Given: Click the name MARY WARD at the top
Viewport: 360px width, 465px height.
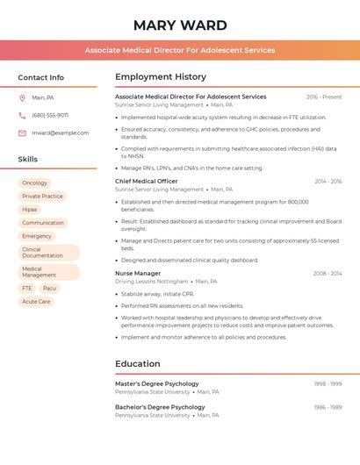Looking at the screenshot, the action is point(180,25).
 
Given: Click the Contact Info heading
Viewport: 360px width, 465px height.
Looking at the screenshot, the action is point(40,77).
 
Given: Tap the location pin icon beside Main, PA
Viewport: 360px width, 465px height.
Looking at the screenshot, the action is point(22,97).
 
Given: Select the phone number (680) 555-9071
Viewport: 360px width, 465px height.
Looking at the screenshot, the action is point(50,115).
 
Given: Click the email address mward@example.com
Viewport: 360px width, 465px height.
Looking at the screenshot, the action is point(61,132).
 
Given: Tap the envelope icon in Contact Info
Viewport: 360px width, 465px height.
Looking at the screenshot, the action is point(22,132).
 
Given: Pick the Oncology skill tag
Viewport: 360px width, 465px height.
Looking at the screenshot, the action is point(35,182).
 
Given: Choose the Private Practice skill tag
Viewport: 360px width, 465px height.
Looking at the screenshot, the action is point(42,196).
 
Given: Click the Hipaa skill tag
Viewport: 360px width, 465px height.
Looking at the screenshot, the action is point(30,210).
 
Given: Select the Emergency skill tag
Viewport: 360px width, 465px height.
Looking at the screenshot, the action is point(37,236).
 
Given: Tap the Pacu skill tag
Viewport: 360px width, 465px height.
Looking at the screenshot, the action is point(49,288).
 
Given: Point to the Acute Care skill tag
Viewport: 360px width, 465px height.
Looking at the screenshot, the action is point(36,301).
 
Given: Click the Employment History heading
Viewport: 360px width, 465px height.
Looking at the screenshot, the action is point(161,76).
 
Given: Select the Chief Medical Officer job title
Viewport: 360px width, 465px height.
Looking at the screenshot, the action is point(147,181).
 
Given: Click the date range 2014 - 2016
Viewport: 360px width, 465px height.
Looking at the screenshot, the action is point(328,182).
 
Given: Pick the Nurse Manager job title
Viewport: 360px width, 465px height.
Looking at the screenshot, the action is point(138,273).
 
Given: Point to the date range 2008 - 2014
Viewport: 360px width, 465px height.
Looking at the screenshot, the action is point(328,274).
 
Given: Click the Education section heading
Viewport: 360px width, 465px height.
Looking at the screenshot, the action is point(138,363).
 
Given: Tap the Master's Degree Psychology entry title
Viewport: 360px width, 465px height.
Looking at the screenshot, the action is point(157,383).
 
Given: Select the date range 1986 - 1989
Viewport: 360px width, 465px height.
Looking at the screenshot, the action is point(328,407).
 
